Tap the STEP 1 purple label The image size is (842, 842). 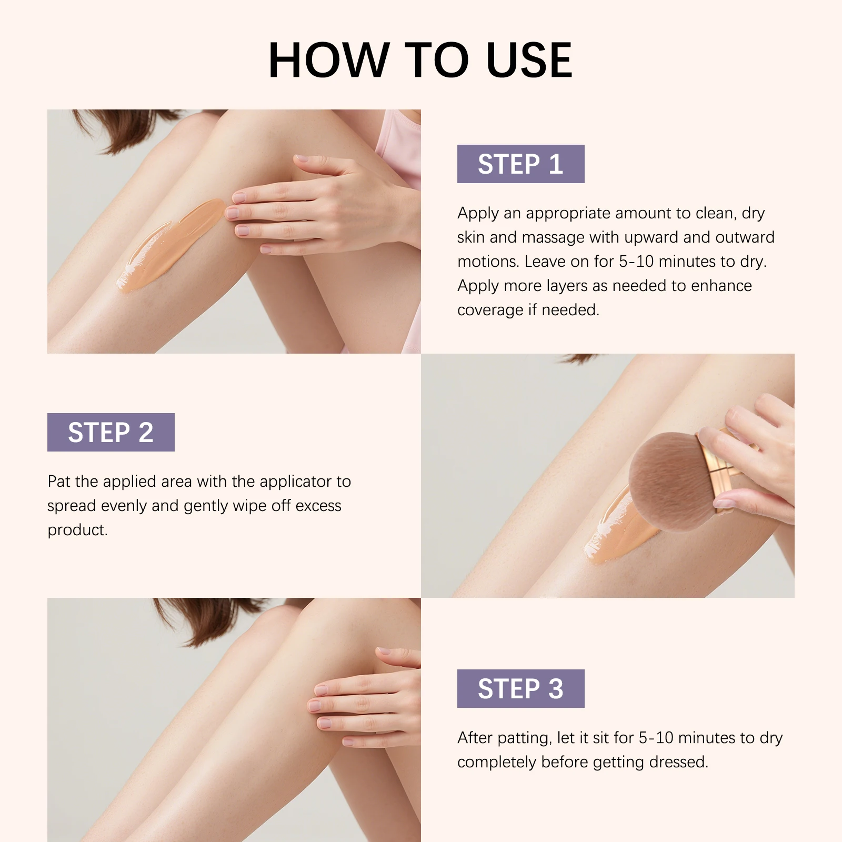pyautogui.click(x=520, y=164)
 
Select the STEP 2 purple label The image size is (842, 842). pyautogui.click(x=111, y=433)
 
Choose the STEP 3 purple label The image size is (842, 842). pyautogui.click(x=520, y=688)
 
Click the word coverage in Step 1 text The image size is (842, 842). pyautogui.click(x=490, y=310)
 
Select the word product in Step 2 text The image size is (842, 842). pyautogui.click(x=77, y=530)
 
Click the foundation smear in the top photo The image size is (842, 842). pyautogui.click(x=168, y=247)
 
